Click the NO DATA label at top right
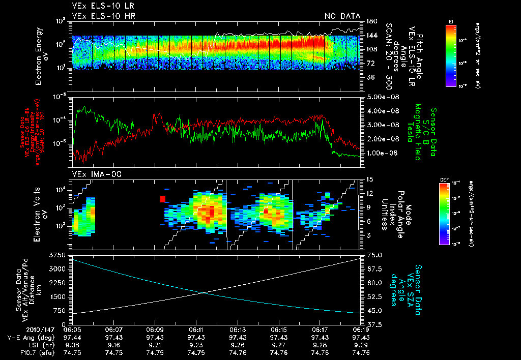(x=342, y=16)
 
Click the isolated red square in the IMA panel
(x=163, y=199)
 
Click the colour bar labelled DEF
(x=444, y=213)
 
